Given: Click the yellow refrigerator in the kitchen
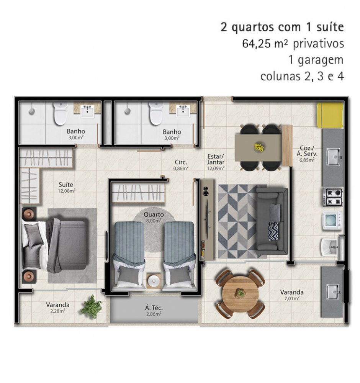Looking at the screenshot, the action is pos(330,115).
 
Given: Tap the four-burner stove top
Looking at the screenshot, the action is pos(333,197).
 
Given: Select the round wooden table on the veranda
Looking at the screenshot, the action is pos(241,294).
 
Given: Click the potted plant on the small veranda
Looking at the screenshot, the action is pos(92,307).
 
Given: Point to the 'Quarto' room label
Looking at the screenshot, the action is pos(154,215).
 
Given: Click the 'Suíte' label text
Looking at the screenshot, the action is pos(66,185).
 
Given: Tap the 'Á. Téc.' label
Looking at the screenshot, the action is pos(154,308).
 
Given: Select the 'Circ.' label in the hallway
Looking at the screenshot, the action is pos(181,162).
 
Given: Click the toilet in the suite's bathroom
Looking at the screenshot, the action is pos(61,114).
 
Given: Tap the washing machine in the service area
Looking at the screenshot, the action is pos(332,221).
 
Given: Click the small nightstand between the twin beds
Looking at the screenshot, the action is pos(154,281).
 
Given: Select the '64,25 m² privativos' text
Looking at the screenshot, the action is pos(293,44).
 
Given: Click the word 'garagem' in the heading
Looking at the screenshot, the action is pos(321,61).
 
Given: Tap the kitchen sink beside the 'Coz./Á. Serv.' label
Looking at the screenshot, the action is pos(334,157).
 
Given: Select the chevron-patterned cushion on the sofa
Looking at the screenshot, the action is pos(273,231).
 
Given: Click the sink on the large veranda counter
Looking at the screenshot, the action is pos(333,291).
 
